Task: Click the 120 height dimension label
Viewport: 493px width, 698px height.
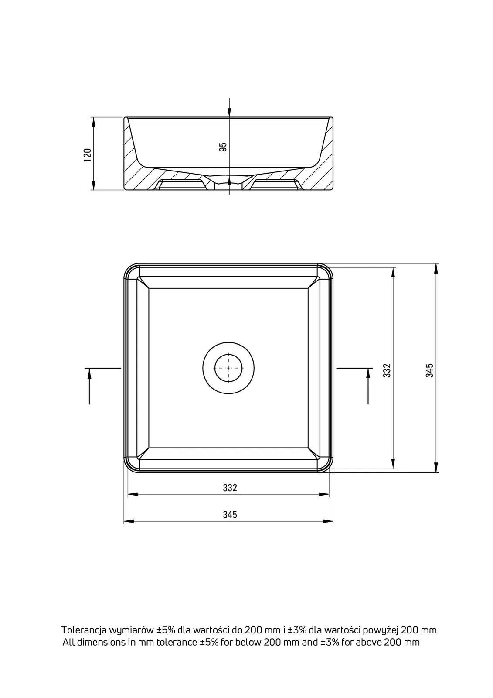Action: pos(88,155)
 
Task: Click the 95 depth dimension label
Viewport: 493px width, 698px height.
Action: pos(223,147)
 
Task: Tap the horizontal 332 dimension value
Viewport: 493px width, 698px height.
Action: pos(230,488)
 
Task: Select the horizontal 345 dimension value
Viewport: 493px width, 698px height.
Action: pos(230,515)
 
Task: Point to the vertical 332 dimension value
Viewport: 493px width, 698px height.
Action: pos(387,370)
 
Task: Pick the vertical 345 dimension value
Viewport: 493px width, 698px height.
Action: pos(429,370)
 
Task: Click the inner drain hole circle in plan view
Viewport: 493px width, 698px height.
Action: pos(228,368)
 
